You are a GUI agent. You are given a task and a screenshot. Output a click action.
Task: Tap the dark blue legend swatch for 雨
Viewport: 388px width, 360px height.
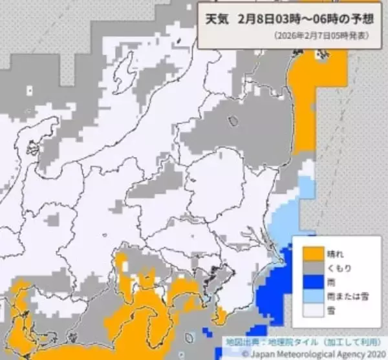pyautogui.click(x=310, y=282)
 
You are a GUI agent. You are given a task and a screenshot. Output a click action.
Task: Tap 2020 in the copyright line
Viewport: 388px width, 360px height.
pyautogui.click(x=371, y=353)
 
